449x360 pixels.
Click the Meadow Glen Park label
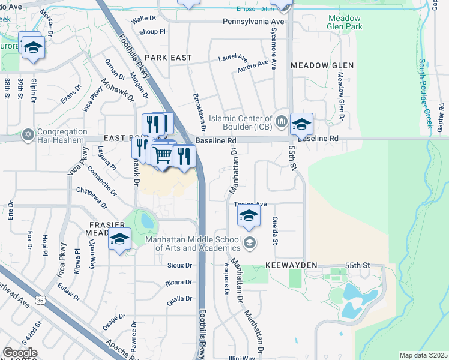coord(345,23)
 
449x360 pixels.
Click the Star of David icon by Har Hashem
coord(28,134)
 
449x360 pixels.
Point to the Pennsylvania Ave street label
coord(253,21)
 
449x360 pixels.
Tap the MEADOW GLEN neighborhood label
coord(322,65)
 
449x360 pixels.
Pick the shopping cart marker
coord(163,155)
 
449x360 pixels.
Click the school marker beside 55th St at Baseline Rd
coord(301,124)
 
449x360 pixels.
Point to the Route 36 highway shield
coord(41,299)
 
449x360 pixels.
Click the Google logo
coord(20,353)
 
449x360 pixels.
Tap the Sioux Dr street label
coord(179,265)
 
